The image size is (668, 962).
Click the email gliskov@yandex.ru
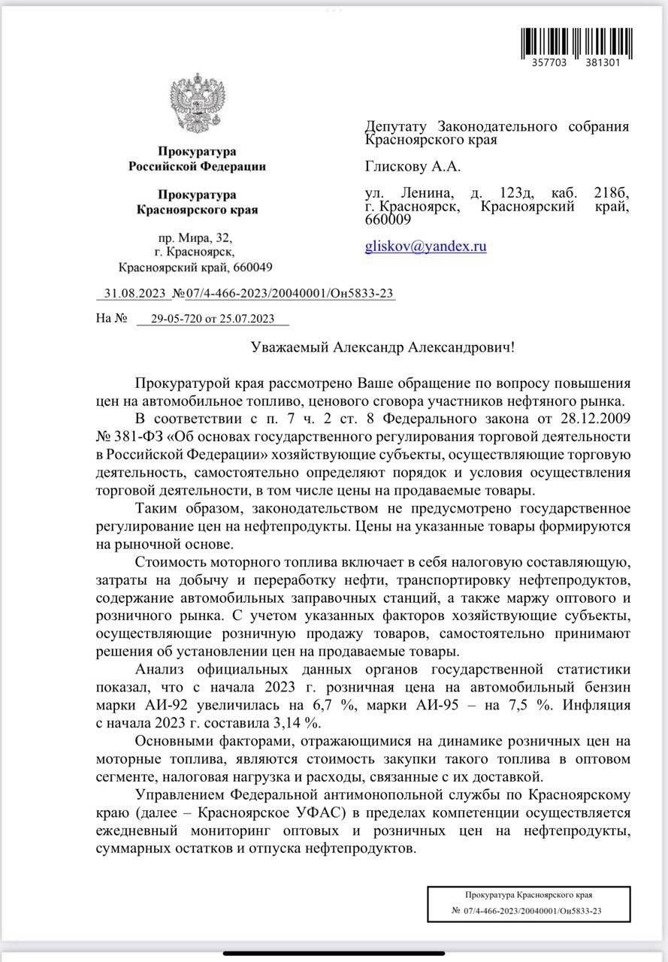pos(425,245)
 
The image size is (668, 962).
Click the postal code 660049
pos(252,267)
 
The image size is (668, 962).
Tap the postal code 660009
pos(388,219)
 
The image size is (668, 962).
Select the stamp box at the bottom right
pos(527,903)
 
